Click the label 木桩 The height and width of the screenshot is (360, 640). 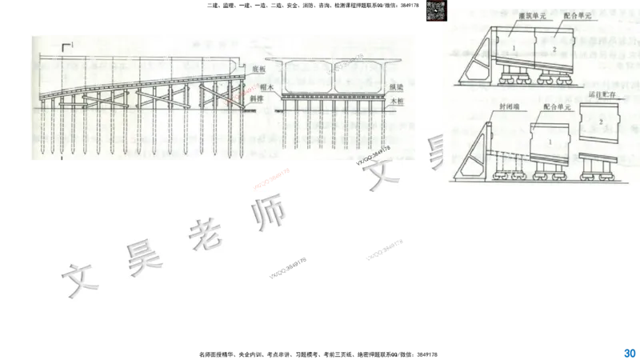tap(398, 102)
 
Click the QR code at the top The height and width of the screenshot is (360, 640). tap(434, 12)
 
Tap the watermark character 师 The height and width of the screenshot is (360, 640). tap(268, 211)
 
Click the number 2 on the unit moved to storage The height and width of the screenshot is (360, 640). tap(599, 121)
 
